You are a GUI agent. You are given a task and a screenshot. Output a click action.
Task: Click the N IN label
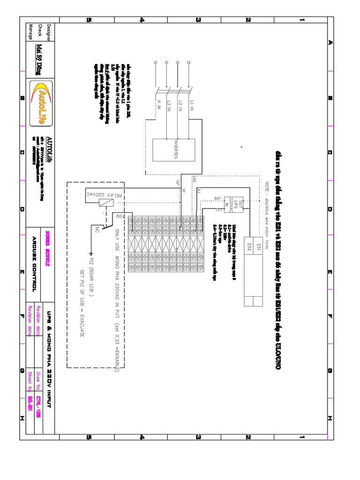click(158, 104)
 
